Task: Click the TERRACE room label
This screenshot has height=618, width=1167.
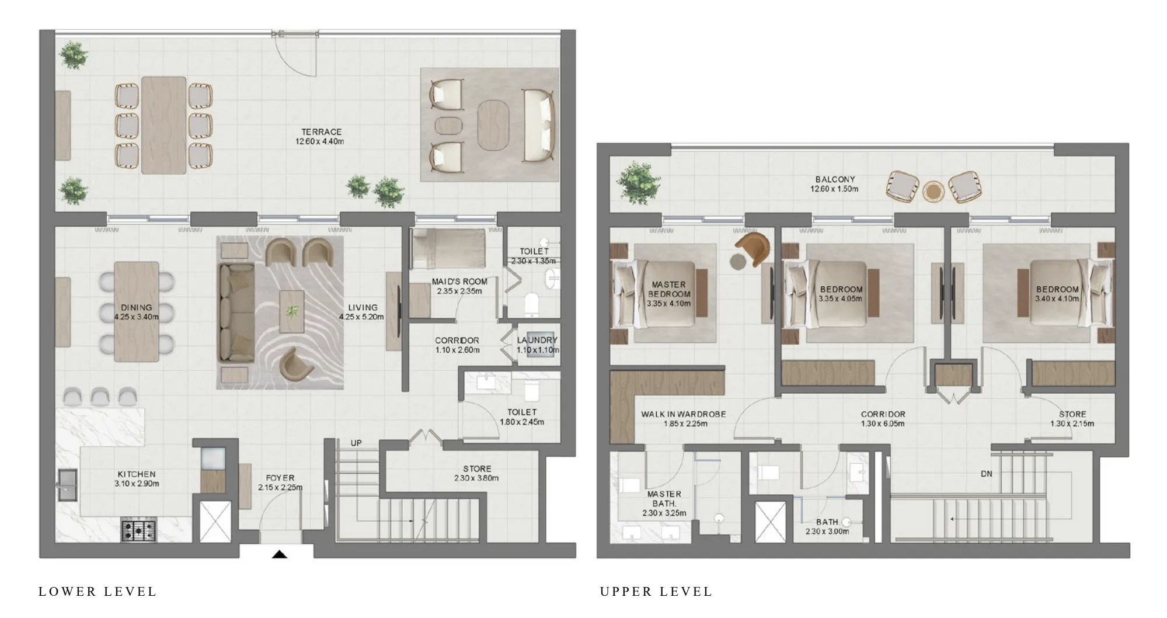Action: click(321, 132)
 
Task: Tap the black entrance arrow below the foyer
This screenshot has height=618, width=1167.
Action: click(280, 554)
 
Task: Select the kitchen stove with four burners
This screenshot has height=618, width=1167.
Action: click(139, 530)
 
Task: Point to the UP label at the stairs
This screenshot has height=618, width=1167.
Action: click(356, 443)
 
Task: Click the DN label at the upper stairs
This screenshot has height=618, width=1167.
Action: click(986, 474)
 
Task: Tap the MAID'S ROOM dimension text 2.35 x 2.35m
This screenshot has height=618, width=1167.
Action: click(459, 291)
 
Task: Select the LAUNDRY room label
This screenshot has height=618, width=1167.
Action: click(537, 340)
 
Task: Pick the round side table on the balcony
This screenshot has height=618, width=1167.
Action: click(933, 191)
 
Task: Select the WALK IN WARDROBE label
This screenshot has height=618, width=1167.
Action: click(683, 414)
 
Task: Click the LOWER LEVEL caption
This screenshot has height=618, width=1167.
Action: click(97, 592)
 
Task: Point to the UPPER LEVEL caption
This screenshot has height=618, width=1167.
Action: click(656, 592)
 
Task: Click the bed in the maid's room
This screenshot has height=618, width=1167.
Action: click(448, 249)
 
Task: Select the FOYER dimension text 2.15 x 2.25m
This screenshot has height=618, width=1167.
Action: click(280, 487)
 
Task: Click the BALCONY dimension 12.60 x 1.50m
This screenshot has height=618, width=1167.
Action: click(834, 189)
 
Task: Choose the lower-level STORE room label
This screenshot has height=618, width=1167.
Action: click(476, 468)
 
